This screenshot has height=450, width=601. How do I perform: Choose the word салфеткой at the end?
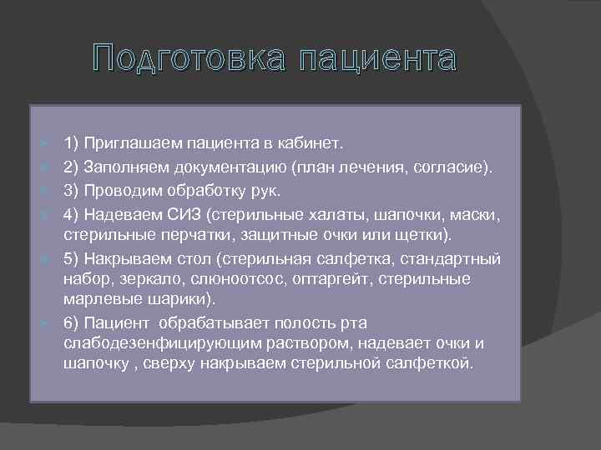pos(434,364)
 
